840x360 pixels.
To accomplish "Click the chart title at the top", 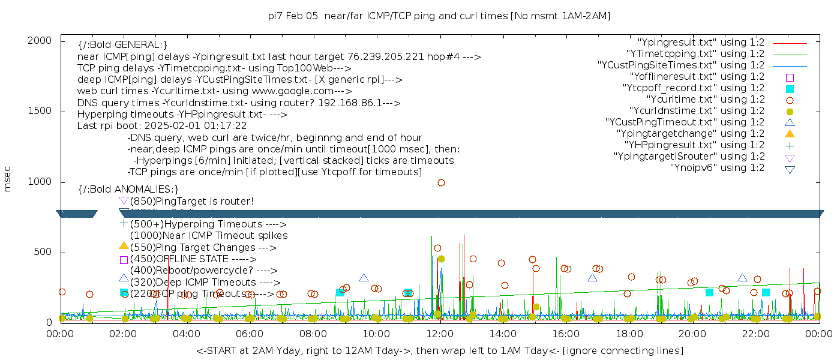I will (439, 16).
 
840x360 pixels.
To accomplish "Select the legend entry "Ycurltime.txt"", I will (706, 99).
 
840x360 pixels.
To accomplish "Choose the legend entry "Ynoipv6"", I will (717, 167).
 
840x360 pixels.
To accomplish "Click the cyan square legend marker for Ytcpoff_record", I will (790, 88).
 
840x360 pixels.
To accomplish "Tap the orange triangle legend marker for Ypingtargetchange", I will (790, 133).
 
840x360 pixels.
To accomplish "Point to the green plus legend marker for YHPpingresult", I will (790, 145).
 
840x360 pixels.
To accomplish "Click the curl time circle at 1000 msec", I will (441, 182).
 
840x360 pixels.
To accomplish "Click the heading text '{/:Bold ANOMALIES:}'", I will (128, 189).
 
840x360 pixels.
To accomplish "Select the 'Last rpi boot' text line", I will (162, 126).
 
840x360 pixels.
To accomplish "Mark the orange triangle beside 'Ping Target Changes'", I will (124, 245).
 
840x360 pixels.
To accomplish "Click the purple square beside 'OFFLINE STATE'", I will (124, 260).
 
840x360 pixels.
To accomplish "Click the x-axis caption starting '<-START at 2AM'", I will (439, 350).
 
